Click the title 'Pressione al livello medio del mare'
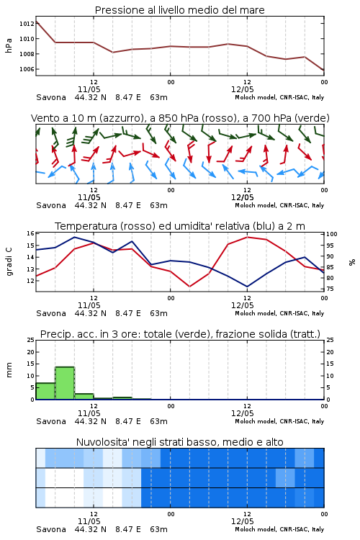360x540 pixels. click(x=179, y=10)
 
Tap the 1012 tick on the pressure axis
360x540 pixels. click(x=27, y=24)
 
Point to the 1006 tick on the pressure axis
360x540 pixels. click(x=27, y=69)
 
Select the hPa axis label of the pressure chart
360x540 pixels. click(x=9, y=45)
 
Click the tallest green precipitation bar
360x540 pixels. click(x=65, y=383)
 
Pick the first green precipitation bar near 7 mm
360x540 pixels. click(x=45, y=391)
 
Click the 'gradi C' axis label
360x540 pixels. click(x=9, y=262)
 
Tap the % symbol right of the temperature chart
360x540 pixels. click(x=352, y=262)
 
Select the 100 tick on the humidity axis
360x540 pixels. click(x=331, y=234)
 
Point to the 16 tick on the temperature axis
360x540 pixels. click(x=30, y=233)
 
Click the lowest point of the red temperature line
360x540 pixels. click(x=190, y=287)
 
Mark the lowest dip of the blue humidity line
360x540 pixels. click(x=247, y=287)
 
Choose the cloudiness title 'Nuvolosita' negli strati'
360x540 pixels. click(x=148, y=442)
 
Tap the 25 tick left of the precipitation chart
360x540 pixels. click(x=30, y=340)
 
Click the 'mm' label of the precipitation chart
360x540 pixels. click(x=9, y=370)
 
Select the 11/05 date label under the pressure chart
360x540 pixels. click(x=89, y=89)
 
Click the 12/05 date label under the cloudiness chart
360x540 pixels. click(x=242, y=521)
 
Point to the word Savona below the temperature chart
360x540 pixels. click(x=51, y=313)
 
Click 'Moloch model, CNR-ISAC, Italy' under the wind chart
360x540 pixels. click(x=279, y=205)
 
